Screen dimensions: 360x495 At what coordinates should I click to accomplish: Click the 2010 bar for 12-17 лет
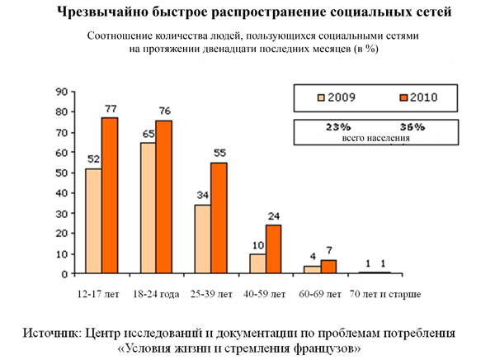(110, 196)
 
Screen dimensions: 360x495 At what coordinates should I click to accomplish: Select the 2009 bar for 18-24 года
(148, 208)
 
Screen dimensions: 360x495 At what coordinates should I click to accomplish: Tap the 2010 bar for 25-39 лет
(219, 218)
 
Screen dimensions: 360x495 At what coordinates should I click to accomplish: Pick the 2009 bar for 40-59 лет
(257, 263)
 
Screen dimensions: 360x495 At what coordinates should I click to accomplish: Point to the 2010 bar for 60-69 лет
(328, 267)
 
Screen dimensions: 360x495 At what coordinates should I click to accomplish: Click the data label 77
(111, 109)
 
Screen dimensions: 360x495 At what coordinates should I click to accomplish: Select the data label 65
(148, 133)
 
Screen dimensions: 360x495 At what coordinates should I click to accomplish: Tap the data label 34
(202, 196)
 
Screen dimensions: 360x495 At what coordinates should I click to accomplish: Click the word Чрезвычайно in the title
(100, 14)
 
